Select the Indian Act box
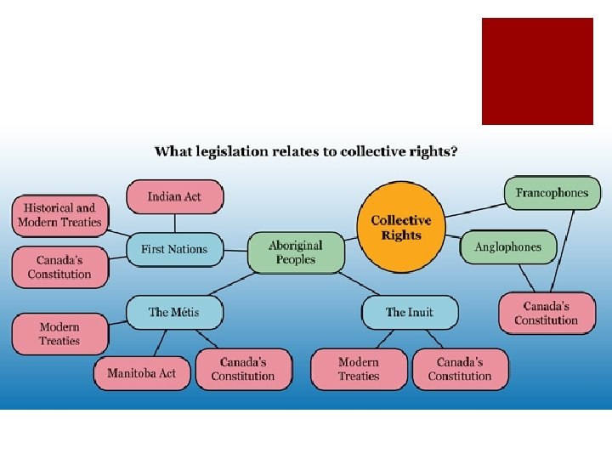click(x=174, y=196)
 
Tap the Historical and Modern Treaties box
click(x=60, y=215)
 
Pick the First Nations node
click(x=174, y=249)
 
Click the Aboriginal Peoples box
click(x=296, y=252)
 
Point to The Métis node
click(x=174, y=312)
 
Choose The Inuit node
click(x=409, y=312)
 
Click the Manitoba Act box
click(x=141, y=373)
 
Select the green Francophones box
click(x=552, y=193)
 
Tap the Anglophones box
click(x=507, y=246)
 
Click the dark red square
click(x=537, y=71)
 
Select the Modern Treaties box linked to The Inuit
click(x=358, y=369)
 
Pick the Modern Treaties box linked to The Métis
click(x=59, y=333)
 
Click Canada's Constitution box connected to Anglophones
click(x=546, y=313)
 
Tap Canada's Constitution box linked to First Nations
click(x=59, y=267)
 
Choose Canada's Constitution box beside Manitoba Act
click(x=243, y=369)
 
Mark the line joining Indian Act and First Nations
click(x=174, y=223)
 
